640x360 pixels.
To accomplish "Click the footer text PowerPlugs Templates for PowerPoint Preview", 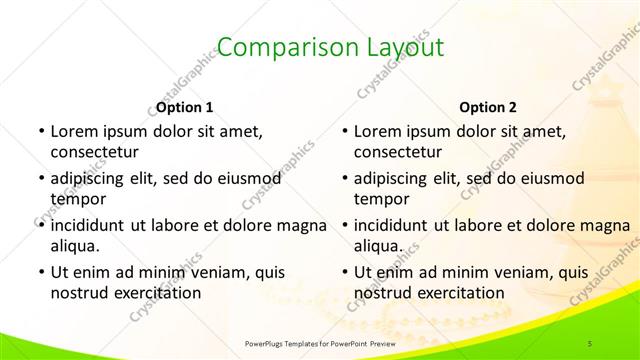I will point(319,343).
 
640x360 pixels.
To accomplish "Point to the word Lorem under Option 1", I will point(73,131).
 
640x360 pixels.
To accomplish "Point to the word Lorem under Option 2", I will point(378,131).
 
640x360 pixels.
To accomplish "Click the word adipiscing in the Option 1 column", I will point(91,178).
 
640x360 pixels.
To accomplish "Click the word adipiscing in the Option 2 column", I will point(396,178).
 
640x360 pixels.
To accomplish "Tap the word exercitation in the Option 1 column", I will point(160,293).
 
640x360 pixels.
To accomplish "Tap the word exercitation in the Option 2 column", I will point(465,293).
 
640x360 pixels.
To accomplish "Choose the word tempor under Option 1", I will point(76,198).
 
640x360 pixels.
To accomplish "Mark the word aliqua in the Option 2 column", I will point(376,245).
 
